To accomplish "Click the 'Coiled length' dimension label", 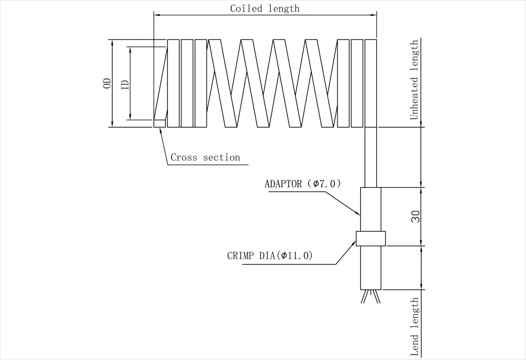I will [265, 9].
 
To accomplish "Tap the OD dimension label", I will [107, 83].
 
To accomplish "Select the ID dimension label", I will [125, 85].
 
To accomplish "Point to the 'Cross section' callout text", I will [205, 157].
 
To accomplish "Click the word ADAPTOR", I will [283, 184].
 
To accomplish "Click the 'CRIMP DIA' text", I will [251, 256].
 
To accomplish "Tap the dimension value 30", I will [415, 217].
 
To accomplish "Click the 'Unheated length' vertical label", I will [414, 80].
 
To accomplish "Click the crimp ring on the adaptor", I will [371, 239].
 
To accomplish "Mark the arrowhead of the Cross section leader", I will [160, 130].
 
